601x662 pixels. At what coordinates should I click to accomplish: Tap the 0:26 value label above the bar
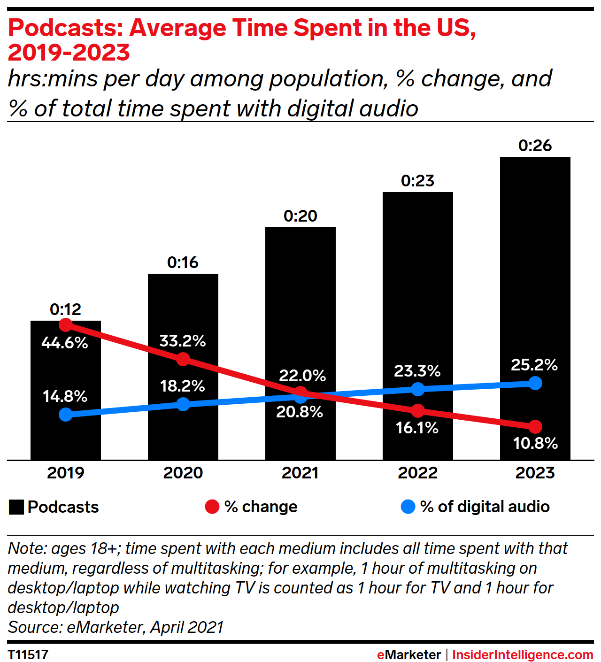pyautogui.click(x=535, y=146)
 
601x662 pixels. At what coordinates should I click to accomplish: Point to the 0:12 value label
pyautogui.click(x=65, y=309)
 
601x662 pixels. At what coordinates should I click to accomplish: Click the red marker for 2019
pyautogui.click(x=66, y=324)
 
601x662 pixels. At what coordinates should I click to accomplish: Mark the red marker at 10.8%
pyautogui.click(x=535, y=427)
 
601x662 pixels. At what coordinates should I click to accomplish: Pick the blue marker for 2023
pyautogui.click(x=535, y=383)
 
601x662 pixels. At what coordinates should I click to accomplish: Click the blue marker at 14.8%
pyautogui.click(x=66, y=415)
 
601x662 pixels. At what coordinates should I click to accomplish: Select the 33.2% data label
pyautogui.click(x=183, y=341)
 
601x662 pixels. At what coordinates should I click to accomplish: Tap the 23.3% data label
pyautogui.click(x=417, y=371)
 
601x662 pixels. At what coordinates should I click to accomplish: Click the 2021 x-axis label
pyautogui.click(x=300, y=473)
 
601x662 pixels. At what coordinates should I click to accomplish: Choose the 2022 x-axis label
pyautogui.click(x=417, y=473)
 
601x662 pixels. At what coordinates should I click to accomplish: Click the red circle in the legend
pyautogui.click(x=212, y=507)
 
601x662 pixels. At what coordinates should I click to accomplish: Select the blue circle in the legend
pyautogui.click(x=408, y=507)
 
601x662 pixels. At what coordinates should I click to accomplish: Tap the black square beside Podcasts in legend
pyautogui.click(x=16, y=508)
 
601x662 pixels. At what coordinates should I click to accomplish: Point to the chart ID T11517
pyautogui.click(x=28, y=654)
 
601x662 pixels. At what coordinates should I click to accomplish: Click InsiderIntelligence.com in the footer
pyautogui.click(x=522, y=654)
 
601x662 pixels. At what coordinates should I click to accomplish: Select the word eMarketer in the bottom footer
pyautogui.click(x=408, y=654)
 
